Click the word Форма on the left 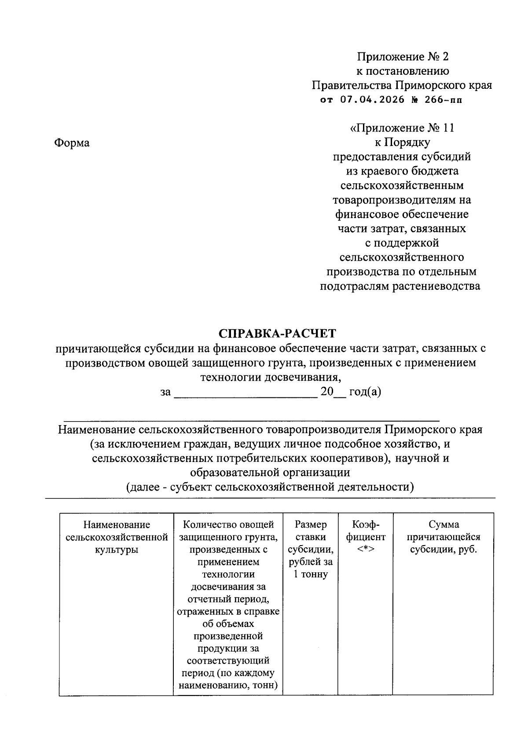72,143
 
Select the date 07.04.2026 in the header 372,100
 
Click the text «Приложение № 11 402,128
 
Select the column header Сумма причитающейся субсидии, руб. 444,537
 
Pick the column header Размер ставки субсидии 311,549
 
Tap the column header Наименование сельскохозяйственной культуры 117,537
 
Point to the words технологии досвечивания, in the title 271,377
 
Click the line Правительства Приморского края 401,85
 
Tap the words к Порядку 402,142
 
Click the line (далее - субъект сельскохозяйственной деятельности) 270,487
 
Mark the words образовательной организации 270,473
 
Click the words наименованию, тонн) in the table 228,685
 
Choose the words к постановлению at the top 402,71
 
